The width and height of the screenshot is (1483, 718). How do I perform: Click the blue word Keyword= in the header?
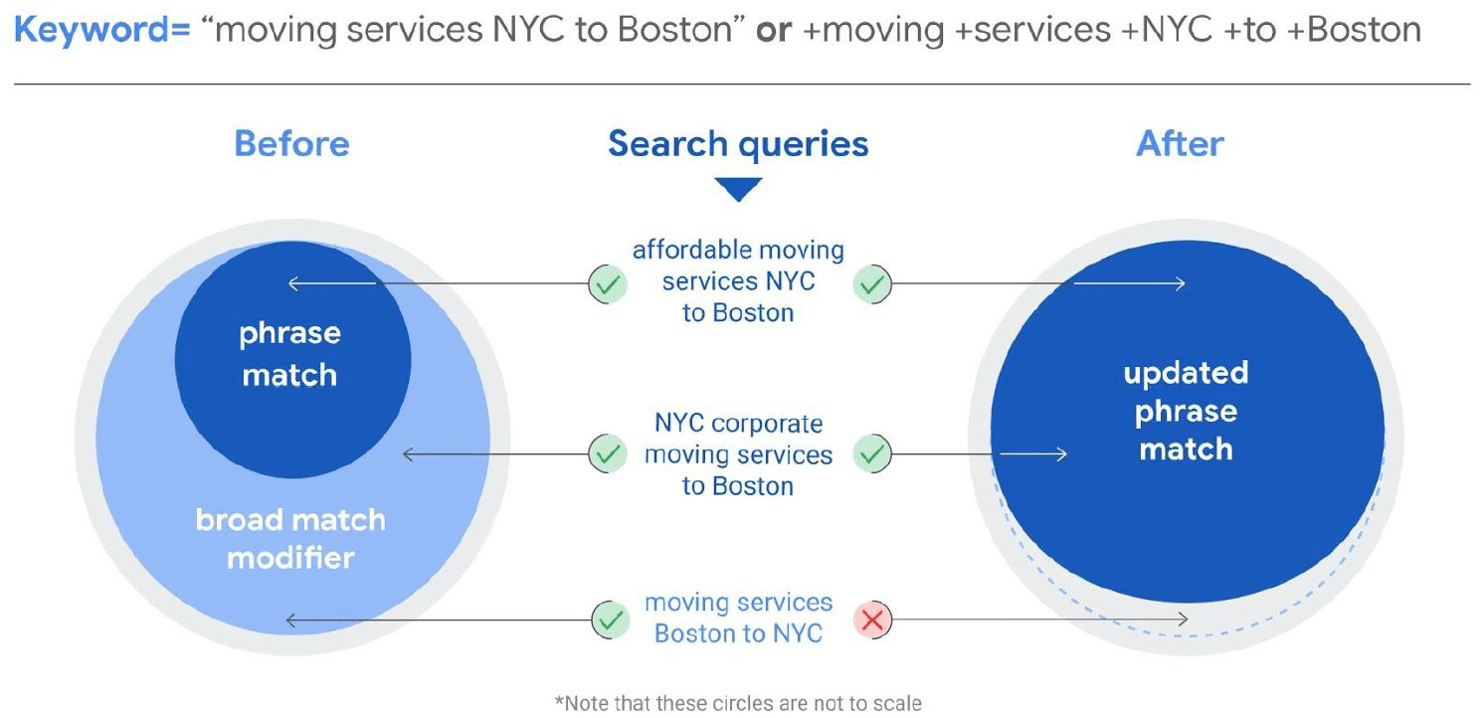pyautogui.click(x=102, y=31)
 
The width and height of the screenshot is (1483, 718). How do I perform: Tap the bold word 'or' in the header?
pyautogui.click(x=774, y=31)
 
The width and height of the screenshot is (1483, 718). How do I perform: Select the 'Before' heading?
pyautogui.click(x=292, y=143)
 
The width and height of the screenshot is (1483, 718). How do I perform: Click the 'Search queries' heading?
pyautogui.click(x=738, y=143)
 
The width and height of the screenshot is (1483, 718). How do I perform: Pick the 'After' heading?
pyautogui.click(x=1180, y=143)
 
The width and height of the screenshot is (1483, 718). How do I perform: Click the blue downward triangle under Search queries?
pyautogui.click(x=738, y=189)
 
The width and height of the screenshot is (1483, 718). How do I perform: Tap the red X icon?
pyautogui.click(x=872, y=621)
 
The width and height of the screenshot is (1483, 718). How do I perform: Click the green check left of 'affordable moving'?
pyautogui.click(x=608, y=283)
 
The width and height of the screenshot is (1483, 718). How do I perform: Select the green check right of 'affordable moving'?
pyautogui.click(x=872, y=283)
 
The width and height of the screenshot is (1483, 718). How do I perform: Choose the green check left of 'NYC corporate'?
pyautogui.click(x=608, y=453)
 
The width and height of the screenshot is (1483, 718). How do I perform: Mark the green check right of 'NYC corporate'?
pyautogui.click(x=872, y=453)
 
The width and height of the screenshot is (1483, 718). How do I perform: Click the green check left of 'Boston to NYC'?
pyautogui.click(x=611, y=621)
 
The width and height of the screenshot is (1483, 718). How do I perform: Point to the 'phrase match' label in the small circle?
pyautogui.click(x=290, y=354)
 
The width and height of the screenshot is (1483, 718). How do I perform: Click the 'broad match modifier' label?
pyautogui.click(x=290, y=539)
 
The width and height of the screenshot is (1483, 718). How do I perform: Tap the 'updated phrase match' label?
pyautogui.click(x=1186, y=411)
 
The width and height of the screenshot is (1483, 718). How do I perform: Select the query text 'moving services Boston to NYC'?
pyautogui.click(x=738, y=618)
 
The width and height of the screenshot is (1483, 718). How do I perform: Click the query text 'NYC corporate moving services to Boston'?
pyautogui.click(x=738, y=453)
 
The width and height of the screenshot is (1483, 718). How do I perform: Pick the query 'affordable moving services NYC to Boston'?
pyautogui.click(x=738, y=281)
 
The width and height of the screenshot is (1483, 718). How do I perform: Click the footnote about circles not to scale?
pyautogui.click(x=738, y=703)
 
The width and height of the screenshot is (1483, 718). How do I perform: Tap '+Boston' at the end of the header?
pyautogui.click(x=1354, y=31)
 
